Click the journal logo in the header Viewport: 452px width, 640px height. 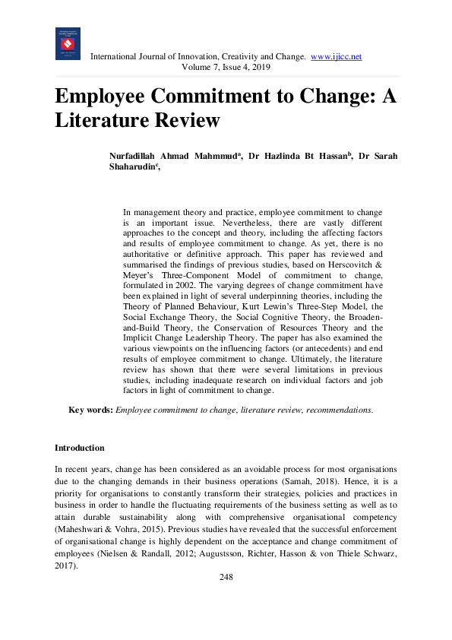pyautogui.click(x=68, y=44)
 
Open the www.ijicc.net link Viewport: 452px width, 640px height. pyautogui.click(x=337, y=57)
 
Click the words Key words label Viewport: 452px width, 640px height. pyautogui.click(x=90, y=410)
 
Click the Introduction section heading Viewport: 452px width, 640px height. pyautogui.click(x=80, y=448)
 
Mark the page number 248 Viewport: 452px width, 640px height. pyautogui.click(x=226, y=578)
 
